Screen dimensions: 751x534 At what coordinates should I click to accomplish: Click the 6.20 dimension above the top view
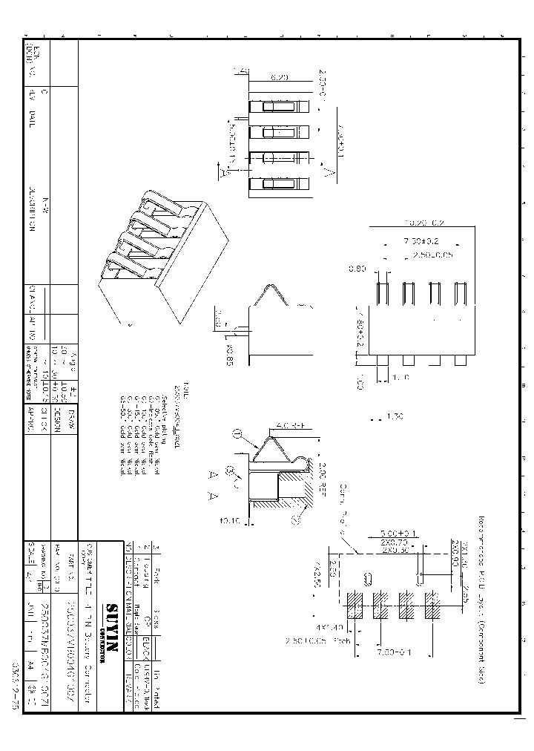click(279, 76)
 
